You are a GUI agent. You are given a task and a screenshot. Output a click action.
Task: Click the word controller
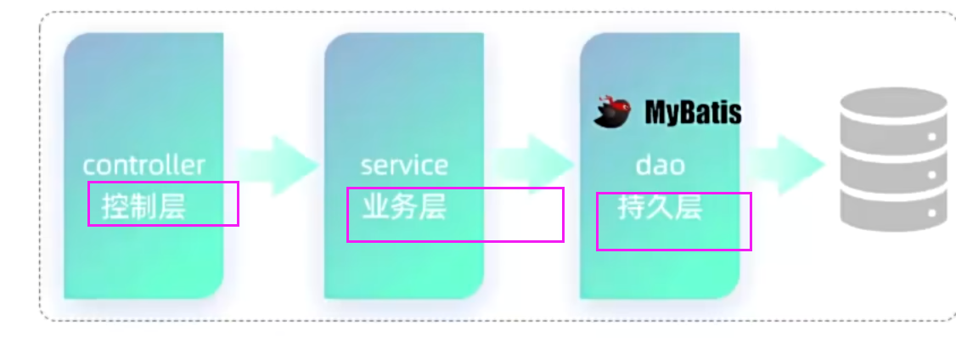coord(143,164)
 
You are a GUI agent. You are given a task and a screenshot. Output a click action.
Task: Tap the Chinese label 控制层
coord(143,206)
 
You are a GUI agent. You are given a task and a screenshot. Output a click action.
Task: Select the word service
coord(403,164)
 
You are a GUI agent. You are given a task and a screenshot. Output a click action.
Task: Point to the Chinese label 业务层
coord(404,207)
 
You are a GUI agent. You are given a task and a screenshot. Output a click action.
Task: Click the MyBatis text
coord(693,112)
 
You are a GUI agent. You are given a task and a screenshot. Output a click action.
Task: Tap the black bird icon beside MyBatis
coord(614,112)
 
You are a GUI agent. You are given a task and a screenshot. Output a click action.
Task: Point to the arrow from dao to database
coord(785,165)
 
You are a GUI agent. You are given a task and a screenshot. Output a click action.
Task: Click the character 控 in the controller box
coord(115,206)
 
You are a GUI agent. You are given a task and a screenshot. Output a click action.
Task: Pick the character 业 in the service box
coord(376,207)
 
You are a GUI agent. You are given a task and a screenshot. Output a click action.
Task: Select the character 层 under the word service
coord(432,207)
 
